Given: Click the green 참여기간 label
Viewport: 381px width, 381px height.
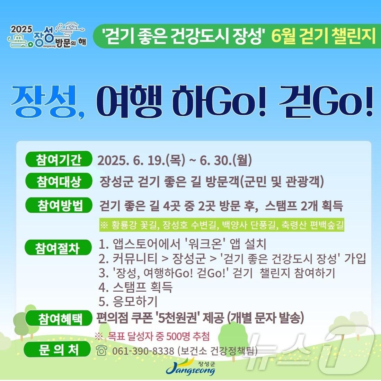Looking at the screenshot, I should [x=59, y=160].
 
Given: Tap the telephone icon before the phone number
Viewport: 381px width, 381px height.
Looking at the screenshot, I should [x=101, y=351].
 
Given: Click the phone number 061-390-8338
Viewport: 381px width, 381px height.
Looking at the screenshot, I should [x=143, y=351].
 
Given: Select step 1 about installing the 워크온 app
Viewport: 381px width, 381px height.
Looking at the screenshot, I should [x=182, y=244].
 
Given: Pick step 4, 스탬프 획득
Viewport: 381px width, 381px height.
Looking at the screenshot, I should [x=135, y=287].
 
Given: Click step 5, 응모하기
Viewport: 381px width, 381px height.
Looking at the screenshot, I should [x=128, y=301].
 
